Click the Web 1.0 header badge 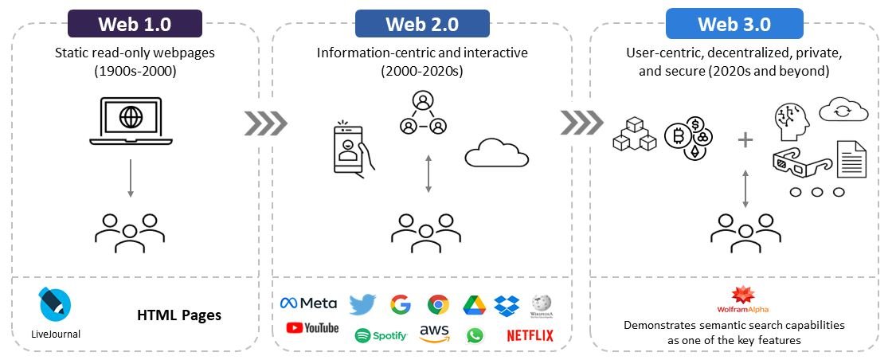click(134, 23)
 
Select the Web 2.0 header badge click(422, 23)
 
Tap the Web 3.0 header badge click(734, 23)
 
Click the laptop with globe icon click(130, 121)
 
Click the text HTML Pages click(179, 315)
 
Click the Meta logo click(308, 303)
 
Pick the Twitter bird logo click(362, 303)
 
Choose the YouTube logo click(312, 328)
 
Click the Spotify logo click(381, 335)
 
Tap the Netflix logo click(530, 335)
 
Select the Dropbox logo click(507, 304)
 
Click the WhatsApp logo click(475, 335)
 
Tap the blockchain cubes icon click(634, 135)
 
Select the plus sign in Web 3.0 click(745, 140)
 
